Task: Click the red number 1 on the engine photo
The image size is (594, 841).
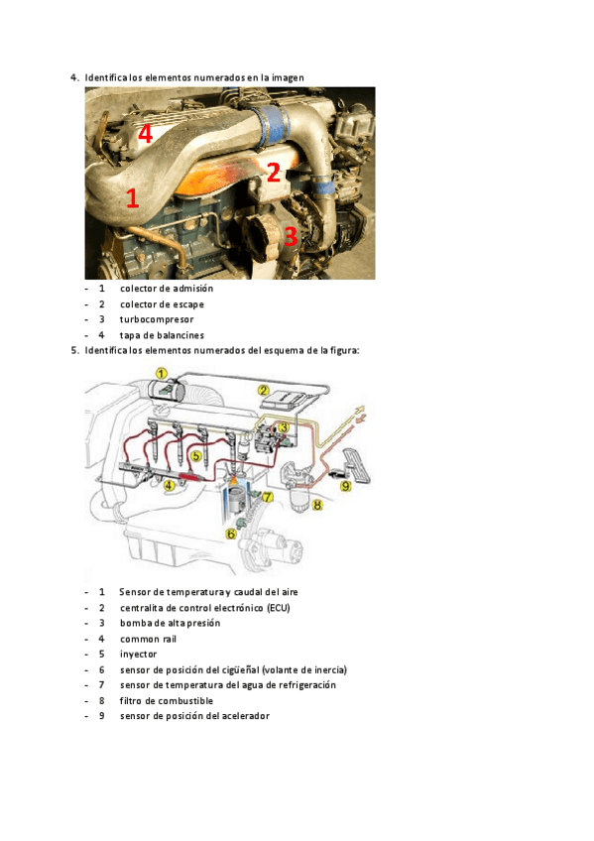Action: tap(132, 198)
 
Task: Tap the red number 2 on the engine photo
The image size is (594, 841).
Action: tap(274, 173)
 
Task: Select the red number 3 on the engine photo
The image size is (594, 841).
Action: tap(290, 236)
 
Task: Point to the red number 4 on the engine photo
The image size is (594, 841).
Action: tap(146, 134)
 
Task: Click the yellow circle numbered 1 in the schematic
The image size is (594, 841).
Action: tap(162, 373)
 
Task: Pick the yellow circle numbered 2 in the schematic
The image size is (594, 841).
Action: tap(263, 390)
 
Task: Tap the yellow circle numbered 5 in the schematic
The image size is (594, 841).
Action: tap(195, 456)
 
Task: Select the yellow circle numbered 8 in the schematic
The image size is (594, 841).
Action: tap(317, 505)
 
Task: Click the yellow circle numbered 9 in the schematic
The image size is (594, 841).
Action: tap(346, 486)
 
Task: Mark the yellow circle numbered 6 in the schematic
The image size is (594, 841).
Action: tap(231, 534)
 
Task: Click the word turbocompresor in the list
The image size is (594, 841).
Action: tap(157, 319)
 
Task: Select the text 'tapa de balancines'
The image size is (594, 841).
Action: tap(162, 335)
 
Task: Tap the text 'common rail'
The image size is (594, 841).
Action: tap(148, 639)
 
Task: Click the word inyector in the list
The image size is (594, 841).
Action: tap(138, 655)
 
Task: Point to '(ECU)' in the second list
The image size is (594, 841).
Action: tap(279, 608)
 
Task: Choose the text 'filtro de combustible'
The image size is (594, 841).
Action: tap(167, 700)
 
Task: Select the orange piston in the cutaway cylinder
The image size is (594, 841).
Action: tap(235, 493)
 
